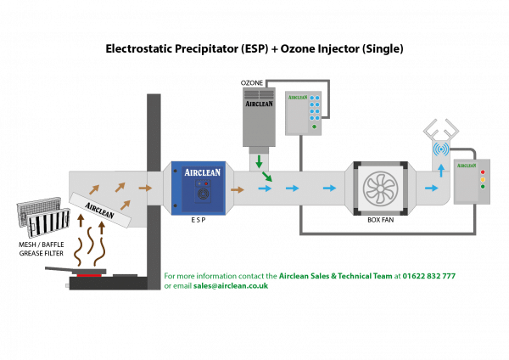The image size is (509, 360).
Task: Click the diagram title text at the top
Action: [x=255, y=49]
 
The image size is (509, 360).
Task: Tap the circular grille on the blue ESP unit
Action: [x=203, y=193]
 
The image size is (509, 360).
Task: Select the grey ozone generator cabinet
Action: [x=259, y=116]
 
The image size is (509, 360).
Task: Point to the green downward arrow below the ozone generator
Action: [x=259, y=161]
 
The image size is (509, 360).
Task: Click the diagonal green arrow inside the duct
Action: [x=266, y=177]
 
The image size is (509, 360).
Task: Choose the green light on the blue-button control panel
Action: [x=314, y=127]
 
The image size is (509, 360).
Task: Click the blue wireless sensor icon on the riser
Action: [x=441, y=149]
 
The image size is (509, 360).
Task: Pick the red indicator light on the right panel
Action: [x=483, y=171]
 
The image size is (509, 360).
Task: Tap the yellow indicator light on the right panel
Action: [x=483, y=178]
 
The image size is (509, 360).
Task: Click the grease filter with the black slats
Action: [x=48, y=223]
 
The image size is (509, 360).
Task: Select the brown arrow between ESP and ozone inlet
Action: [x=238, y=188]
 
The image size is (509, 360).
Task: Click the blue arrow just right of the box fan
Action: [x=432, y=188]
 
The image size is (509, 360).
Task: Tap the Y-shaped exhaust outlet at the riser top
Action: [x=441, y=130]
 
